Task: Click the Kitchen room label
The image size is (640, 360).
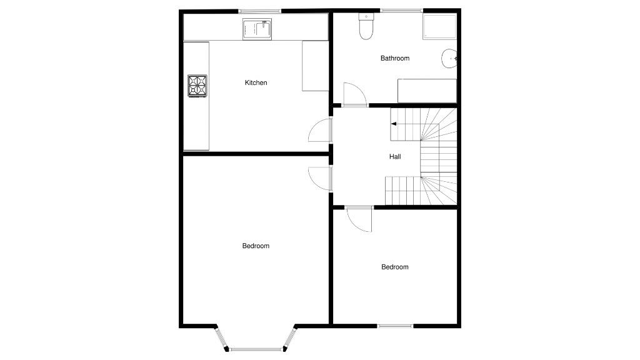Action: [256, 82]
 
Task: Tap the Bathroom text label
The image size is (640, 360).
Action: [395, 58]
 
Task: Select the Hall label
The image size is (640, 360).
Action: [395, 156]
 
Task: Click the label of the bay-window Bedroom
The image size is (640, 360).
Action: [256, 246]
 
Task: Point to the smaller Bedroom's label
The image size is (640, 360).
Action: [395, 267]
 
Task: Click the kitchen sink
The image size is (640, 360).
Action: [257, 29]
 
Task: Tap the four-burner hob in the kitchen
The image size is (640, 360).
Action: [197, 86]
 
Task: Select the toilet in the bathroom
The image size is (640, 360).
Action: [366, 26]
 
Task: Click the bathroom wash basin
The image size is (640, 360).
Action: [449, 59]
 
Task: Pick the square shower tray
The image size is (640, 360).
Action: [439, 26]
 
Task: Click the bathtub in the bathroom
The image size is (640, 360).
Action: [427, 91]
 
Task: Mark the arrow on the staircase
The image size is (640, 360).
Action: [394, 124]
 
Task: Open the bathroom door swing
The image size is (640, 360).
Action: [354, 95]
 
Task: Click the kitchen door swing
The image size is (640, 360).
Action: [320, 130]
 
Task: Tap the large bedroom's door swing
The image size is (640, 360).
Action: [320, 179]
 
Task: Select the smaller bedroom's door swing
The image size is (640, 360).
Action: [359, 219]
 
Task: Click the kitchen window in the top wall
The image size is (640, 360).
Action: [261, 11]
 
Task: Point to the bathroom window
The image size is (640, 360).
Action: [402, 11]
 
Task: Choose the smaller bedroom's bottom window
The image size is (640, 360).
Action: [395, 326]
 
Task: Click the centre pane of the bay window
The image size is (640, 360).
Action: [256, 349]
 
